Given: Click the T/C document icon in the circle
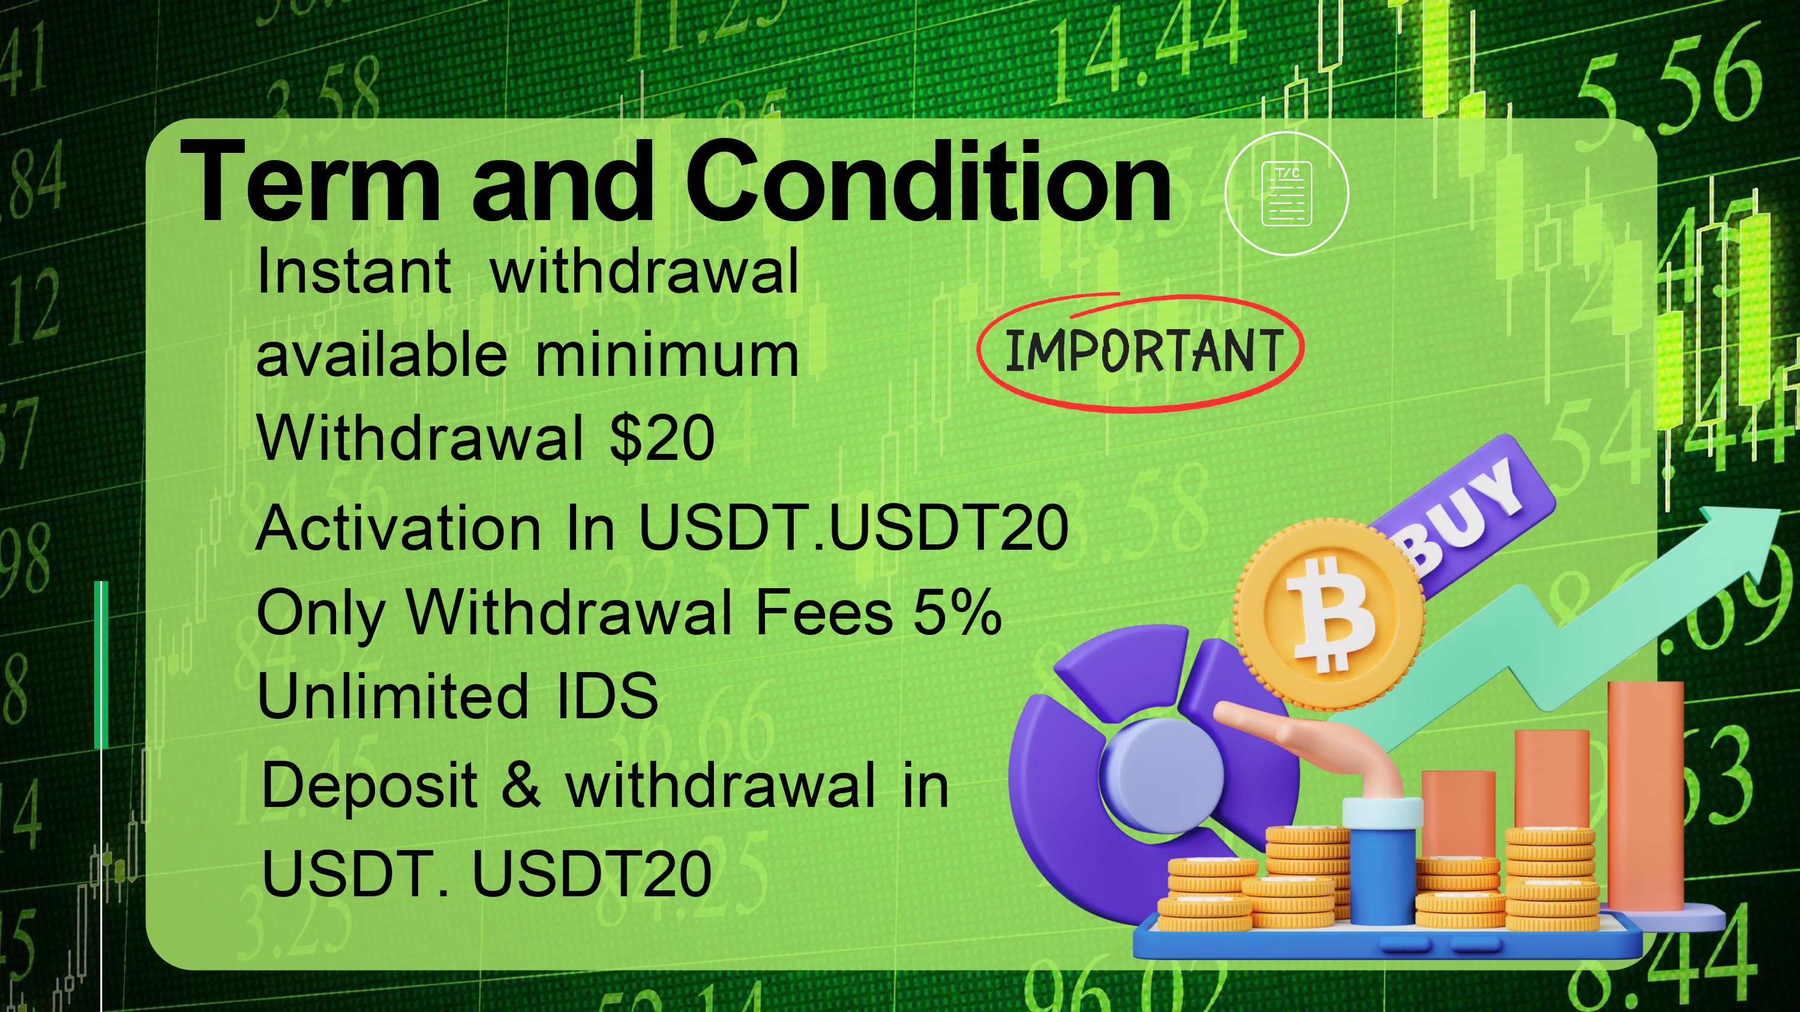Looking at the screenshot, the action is pos(1286,194).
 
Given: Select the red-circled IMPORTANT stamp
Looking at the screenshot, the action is pos(1141,352).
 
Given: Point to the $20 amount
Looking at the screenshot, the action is pos(662,438).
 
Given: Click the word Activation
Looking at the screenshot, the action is pos(398,528).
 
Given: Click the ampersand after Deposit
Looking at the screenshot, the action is pos(521,784).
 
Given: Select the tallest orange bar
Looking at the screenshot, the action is pos(1646,796).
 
